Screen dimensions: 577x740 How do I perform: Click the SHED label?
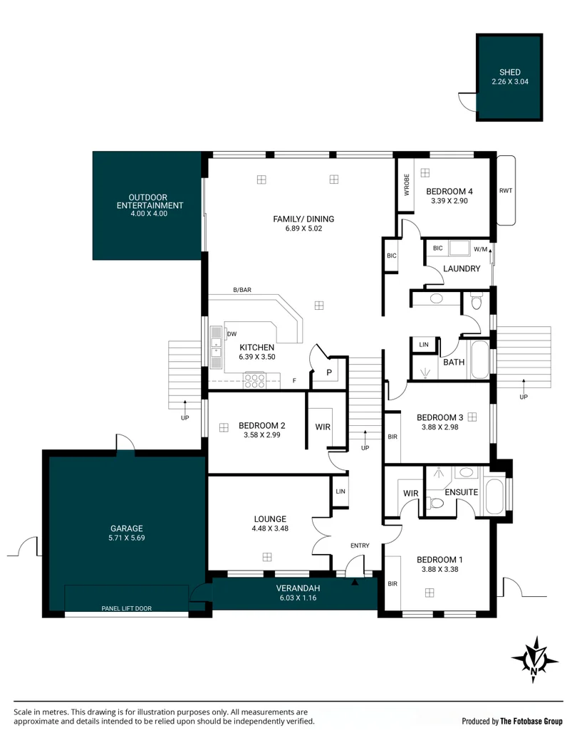(510, 72)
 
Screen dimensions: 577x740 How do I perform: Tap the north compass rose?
(534, 660)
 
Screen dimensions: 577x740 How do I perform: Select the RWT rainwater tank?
(506, 191)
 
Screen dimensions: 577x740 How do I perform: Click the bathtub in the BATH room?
(479, 359)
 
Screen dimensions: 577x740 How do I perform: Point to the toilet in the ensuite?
(436, 503)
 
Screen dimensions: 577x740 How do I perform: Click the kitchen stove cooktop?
(254, 381)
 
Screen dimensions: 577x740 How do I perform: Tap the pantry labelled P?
(329, 372)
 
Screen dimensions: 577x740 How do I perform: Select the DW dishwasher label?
(232, 334)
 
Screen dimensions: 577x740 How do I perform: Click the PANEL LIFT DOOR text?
(127, 608)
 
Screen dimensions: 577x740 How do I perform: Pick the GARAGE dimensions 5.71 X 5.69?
(127, 538)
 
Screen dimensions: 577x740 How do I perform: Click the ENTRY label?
(360, 546)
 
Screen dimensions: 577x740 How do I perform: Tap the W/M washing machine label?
(480, 249)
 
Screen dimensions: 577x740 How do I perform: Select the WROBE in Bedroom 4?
(406, 185)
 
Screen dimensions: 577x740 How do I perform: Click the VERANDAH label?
(298, 588)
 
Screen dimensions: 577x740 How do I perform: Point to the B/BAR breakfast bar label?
(242, 290)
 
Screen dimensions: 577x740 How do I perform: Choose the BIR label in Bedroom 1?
(393, 584)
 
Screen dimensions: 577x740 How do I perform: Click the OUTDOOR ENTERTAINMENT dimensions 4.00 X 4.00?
(149, 214)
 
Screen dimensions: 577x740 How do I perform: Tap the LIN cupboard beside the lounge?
(341, 491)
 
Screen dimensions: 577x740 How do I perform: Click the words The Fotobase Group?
(531, 721)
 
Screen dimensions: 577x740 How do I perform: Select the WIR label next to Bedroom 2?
(323, 427)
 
